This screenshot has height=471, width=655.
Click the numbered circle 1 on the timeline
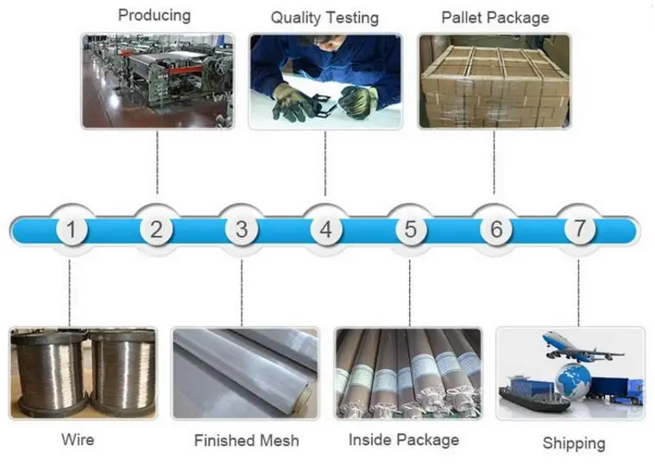click(72, 230)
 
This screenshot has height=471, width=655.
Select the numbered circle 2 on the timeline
click(156, 230)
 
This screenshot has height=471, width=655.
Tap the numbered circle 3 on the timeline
click(241, 230)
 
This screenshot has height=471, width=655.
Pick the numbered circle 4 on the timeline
click(325, 230)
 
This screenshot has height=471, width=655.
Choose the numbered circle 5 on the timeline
click(410, 230)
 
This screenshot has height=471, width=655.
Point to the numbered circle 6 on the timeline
click(495, 230)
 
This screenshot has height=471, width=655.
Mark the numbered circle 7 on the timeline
click(580, 229)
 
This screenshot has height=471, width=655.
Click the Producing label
click(154, 15)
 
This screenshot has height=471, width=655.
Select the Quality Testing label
click(324, 17)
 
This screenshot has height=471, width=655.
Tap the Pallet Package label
click(494, 17)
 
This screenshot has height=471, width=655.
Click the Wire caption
click(78, 439)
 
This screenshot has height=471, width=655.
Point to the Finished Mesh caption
click(247, 441)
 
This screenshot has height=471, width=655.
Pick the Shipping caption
click(574, 443)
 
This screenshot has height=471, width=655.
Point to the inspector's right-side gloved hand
click(358, 102)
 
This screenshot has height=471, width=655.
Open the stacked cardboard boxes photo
click(494, 82)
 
